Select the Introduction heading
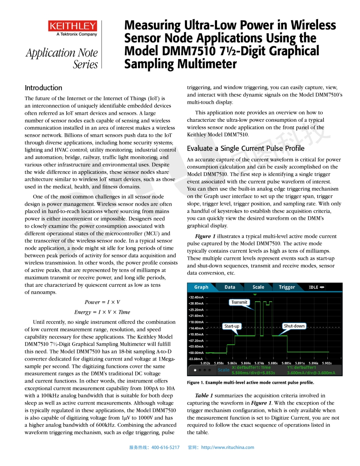[x=43, y=87]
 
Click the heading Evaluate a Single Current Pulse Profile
[x=245, y=148]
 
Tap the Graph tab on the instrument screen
[x=201, y=287]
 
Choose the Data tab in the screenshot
[x=230, y=287]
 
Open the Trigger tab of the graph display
[x=287, y=287]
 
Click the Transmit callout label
[x=240, y=302]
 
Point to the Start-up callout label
[x=232, y=326]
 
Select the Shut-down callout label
[x=294, y=326]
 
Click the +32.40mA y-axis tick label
[x=195, y=297]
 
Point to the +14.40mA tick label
[x=195, y=328]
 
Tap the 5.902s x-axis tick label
[x=326, y=363]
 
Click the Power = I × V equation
[x=102, y=302]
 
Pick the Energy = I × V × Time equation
[x=102, y=312]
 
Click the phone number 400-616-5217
[x=165, y=447]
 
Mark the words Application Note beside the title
[x=62, y=53]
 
